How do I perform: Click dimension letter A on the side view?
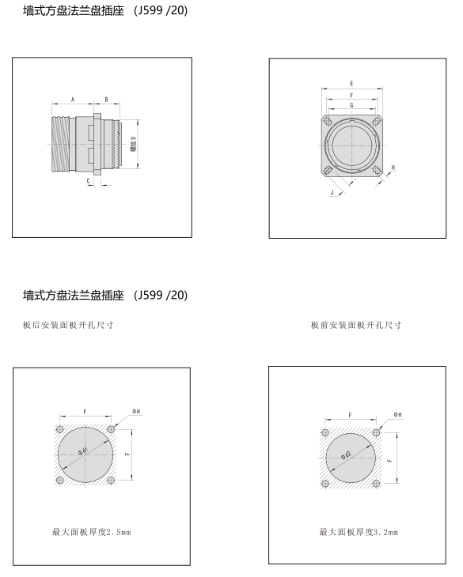tap(73, 100)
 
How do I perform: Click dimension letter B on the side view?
tap(106, 100)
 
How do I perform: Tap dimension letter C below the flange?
tap(89, 181)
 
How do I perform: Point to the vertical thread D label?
tap(134, 144)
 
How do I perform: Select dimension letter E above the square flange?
tap(351, 84)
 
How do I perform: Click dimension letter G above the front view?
tap(351, 105)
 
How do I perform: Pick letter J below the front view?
tap(332, 192)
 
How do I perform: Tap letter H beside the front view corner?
tap(393, 168)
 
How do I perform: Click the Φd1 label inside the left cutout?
tap(83, 451)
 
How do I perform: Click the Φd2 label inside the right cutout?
tap(346, 455)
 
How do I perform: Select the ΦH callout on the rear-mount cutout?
tap(136, 411)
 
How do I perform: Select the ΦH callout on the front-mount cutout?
tap(397, 414)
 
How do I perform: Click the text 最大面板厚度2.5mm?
tap(91, 532)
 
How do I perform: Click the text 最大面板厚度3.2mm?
tap(359, 532)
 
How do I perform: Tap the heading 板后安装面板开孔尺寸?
tap(68, 325)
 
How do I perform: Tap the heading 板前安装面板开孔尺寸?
tap(356, 325)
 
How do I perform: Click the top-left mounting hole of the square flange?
tap(327, 121)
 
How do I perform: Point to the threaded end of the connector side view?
tap(60, 144)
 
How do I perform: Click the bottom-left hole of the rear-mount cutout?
tap(59, 481)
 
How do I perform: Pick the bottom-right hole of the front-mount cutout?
tap(376, 483)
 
